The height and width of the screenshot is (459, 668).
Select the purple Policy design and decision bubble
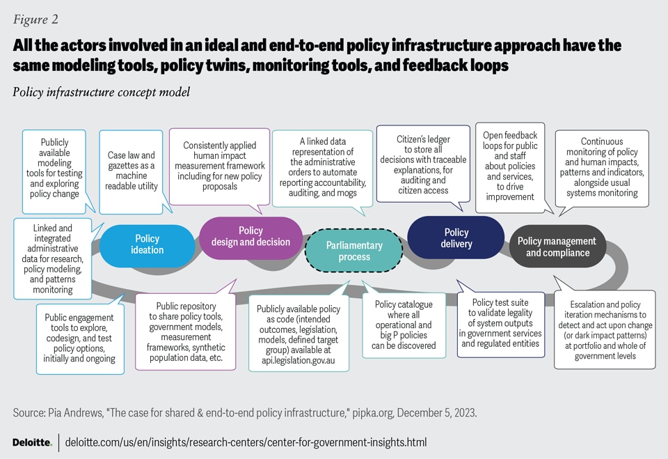point(250,236)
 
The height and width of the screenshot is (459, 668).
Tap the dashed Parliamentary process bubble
point(354,251)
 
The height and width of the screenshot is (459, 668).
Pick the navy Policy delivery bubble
point(456,238)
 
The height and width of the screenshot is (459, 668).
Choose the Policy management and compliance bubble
point(557,247)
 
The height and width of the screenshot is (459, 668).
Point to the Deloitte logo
point(32,442)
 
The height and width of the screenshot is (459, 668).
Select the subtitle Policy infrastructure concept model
point(101,92)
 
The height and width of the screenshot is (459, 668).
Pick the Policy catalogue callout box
point(404,325)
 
